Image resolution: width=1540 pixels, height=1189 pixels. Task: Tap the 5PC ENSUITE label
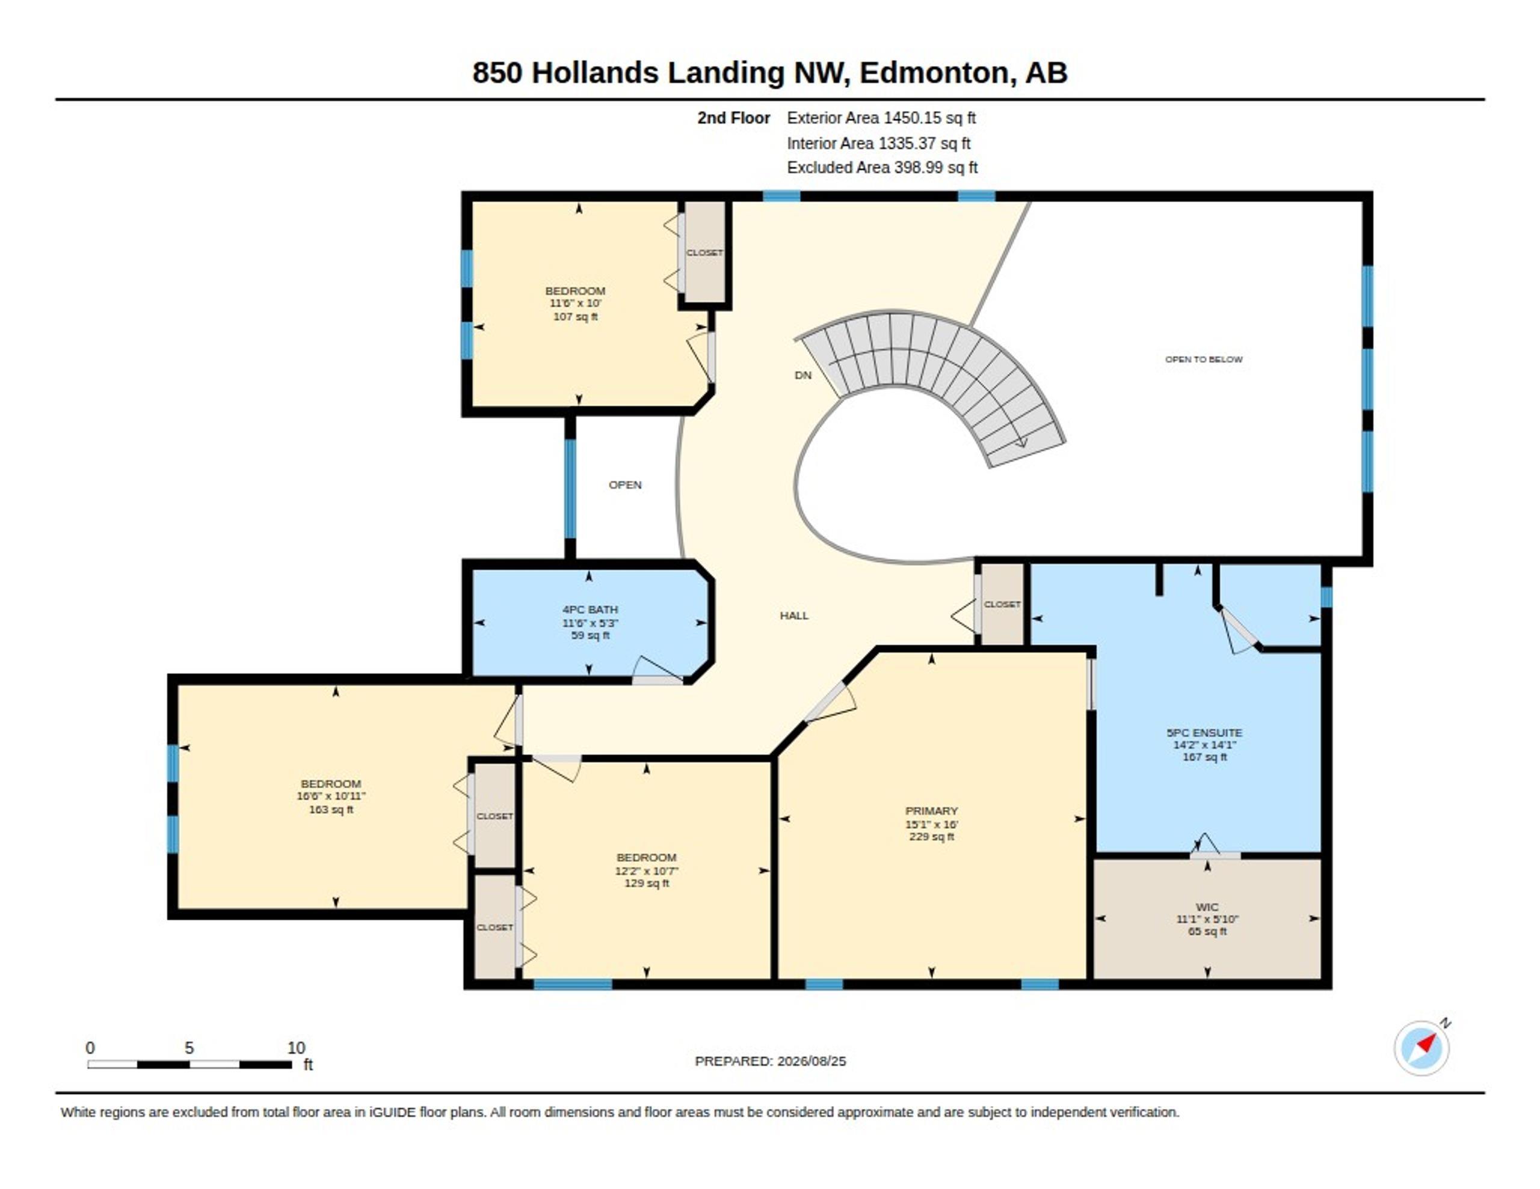coord(1204,732)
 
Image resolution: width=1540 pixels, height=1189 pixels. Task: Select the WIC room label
coord(1207,907)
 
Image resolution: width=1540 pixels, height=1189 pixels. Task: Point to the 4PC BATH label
coord(590,609)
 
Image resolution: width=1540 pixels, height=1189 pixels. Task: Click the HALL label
coord(794,616)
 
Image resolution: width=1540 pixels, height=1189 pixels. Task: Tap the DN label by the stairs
coord(803,375)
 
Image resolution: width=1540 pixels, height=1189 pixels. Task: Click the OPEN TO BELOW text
coord(1204,359)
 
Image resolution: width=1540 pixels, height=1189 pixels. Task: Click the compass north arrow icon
coord(1422,1047)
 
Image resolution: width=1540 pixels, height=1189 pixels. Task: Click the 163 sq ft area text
coord(331,809)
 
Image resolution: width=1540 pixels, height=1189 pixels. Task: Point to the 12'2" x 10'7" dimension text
coord(647,870)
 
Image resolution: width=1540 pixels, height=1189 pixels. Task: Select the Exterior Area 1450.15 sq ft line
coord(881,118)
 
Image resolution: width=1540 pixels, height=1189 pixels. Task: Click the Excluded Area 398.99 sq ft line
coord(882,167)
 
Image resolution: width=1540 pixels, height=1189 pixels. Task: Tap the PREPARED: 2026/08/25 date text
coord(770,1061)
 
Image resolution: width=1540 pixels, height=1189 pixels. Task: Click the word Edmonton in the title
coord(934,73)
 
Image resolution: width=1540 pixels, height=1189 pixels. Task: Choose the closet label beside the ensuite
coord(1002,604)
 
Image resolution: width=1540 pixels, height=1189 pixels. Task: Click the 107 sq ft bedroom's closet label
coord(704,252)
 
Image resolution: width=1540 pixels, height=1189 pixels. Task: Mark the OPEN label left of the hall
coord(625,485)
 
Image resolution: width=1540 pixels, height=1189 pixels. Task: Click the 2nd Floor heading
coord(733,118)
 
